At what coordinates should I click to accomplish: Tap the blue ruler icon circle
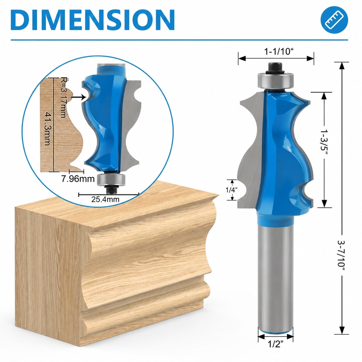click(x=334, y=20)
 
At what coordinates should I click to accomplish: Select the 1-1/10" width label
click(x=279, y=51)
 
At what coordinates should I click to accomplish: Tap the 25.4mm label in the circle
click(x=105, y=199)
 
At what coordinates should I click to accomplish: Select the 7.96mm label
click(x=78, y=179)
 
